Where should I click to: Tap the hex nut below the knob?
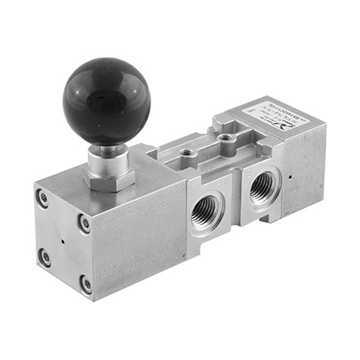110,178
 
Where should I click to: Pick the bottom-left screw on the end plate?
45,257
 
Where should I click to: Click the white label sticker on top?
269,120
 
